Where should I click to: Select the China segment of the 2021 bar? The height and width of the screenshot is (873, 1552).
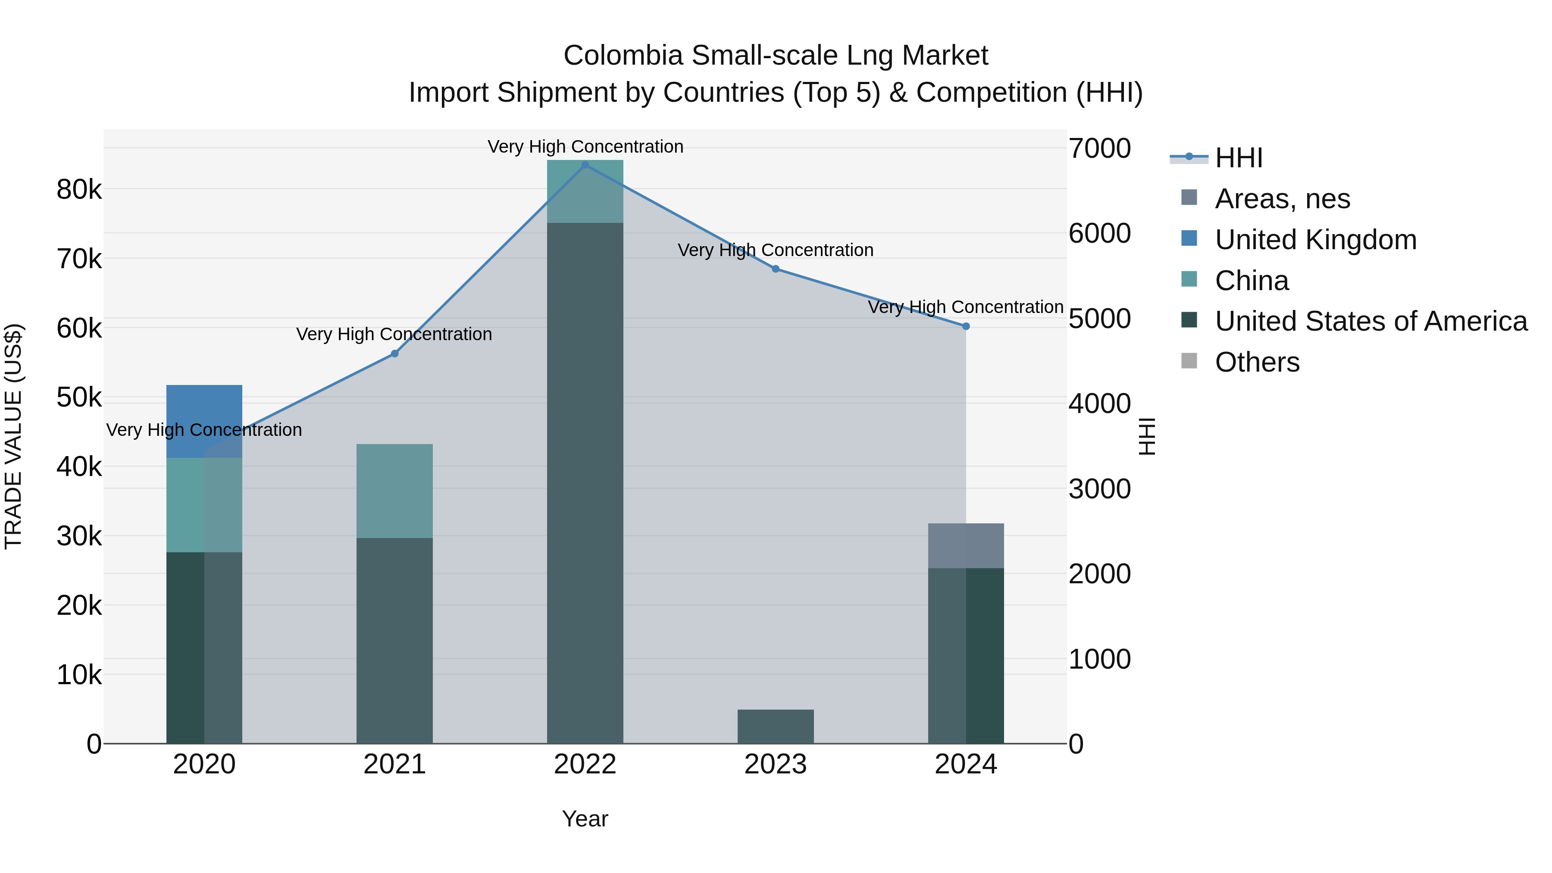[394, 491]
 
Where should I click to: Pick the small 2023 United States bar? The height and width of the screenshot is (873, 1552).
[776, 726]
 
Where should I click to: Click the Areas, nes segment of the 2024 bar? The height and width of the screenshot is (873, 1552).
[966, 545]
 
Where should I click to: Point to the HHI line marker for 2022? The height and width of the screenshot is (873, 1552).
[585, 165]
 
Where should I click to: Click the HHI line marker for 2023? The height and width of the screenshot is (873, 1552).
[776, 269]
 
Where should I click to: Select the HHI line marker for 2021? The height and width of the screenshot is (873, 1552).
[394, 354]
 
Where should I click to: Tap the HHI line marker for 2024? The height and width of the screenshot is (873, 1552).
[966, 326]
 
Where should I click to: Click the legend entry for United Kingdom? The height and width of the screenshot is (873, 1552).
[1315, 239]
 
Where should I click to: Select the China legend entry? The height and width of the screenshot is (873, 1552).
[1252, 281]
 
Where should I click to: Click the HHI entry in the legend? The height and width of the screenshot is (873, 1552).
[1238, 158]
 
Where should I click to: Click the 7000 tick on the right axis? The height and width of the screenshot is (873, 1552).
[1099, 148]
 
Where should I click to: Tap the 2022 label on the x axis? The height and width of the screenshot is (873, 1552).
[585, 764]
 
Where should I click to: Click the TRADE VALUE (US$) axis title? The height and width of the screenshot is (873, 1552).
[13, 436]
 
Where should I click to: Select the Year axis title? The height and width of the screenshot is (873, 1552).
[585, 819]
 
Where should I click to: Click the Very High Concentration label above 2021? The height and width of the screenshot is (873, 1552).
[394, 334]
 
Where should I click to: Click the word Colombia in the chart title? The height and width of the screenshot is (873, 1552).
[623, 56]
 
